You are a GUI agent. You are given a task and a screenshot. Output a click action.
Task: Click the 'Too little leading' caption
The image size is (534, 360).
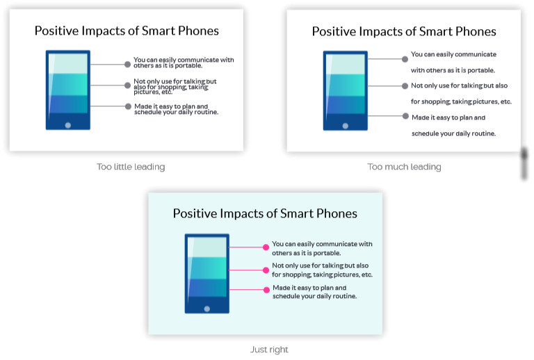click(x=131, y=167)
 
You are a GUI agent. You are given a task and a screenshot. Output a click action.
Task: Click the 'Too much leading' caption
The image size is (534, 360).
click(x=404, y=167)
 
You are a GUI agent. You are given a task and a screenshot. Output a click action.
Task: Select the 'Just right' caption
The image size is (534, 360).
click(x=269, y=350)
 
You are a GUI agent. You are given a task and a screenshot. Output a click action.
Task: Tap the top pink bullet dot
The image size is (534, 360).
click(x=266, y=247)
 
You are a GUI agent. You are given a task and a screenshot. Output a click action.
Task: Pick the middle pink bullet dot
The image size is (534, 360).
click(x=266, y=270)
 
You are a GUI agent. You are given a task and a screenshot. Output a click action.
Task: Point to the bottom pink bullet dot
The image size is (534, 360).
click(x=267, y=290)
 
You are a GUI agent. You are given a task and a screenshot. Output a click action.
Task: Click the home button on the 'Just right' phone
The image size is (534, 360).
click(x=207, y=309)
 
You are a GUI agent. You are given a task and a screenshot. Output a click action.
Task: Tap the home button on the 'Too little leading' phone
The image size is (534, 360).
click(x=68, y=125)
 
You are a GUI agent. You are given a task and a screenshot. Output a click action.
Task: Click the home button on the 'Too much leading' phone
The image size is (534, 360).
click(x=346, y=126)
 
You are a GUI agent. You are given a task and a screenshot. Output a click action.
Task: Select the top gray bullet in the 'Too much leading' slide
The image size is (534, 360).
click(x=405, y=59)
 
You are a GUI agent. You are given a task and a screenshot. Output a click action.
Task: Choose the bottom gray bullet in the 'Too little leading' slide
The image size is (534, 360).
click(x=128, y=106)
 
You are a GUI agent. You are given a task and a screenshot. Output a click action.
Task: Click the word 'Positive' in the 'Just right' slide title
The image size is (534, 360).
click(x=195, y=213)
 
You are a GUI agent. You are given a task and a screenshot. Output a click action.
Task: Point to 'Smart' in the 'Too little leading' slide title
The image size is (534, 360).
click(x=159, y=31)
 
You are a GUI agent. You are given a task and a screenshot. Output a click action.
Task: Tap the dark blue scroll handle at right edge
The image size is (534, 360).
click(x=524, y=163)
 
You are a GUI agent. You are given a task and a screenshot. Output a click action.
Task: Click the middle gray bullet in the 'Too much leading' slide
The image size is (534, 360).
click(x=405, y=86)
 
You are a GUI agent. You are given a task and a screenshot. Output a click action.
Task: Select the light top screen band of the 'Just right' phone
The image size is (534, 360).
click(x=207, y=247)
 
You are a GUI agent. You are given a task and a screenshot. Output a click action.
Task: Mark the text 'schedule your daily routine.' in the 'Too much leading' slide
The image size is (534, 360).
click(x=453, y=133)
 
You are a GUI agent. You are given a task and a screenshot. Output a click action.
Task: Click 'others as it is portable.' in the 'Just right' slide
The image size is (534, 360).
click(x=306, y=253)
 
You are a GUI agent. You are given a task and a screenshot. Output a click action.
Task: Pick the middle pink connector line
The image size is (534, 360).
click(x=246, y=270)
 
